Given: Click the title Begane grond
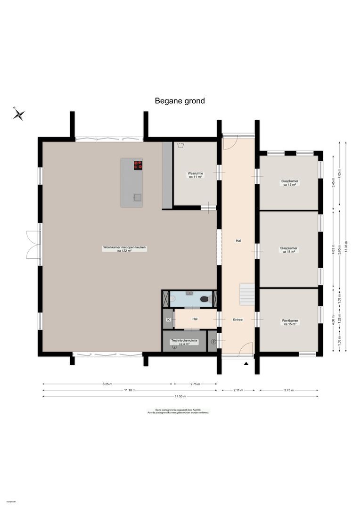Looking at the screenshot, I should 180,101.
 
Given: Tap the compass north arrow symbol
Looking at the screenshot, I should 19,114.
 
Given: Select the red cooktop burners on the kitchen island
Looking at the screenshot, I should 138,165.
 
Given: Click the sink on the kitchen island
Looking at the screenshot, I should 137,197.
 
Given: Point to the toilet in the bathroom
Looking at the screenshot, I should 205,299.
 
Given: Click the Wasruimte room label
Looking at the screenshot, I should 196,175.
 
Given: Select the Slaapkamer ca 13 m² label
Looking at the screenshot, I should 289,183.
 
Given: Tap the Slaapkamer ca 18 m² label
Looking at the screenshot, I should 289,250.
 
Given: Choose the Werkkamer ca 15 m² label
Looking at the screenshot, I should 289,322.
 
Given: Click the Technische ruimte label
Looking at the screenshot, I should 184,342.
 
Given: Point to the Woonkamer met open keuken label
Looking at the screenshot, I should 124,249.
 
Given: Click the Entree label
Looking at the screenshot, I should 237,320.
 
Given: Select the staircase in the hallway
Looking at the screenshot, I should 247,294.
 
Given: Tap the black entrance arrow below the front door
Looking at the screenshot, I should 245,363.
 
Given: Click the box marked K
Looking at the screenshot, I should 168,320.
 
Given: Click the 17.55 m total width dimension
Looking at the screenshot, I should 180,396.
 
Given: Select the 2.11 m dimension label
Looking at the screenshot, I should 238,390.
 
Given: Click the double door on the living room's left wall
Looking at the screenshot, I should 33,245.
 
